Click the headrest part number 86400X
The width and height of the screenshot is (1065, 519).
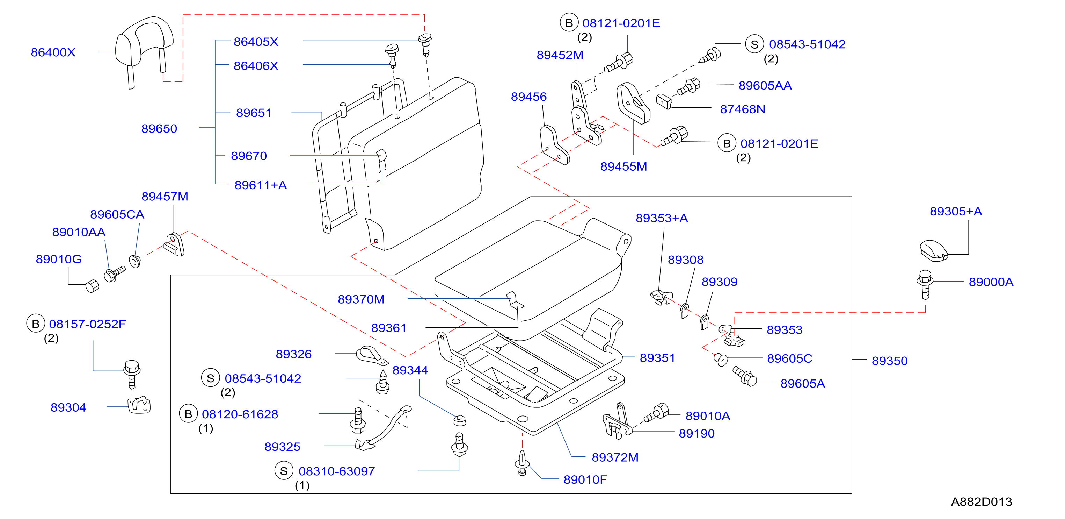pos(53,52)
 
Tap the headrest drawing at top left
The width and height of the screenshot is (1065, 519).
pos(144,52)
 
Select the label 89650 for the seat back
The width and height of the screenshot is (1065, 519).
pos(159,129)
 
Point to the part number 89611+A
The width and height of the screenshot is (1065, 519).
pos(261,185)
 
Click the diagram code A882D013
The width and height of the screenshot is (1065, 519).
pos(982,502)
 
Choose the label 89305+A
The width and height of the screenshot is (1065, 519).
pos(956,211)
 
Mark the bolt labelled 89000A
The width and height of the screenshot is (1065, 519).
pos(925,285)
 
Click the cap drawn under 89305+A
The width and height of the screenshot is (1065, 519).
pos(934,251)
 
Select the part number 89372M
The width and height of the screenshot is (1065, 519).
pos(615,457)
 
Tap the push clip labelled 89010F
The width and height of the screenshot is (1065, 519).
pos(522,463)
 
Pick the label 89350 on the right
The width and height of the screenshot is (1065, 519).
pos(890,361)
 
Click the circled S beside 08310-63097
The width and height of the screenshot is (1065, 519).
pos(284,471)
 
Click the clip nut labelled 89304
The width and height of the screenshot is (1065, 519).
pos(139,405)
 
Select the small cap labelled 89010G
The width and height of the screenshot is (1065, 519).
pos(92,286)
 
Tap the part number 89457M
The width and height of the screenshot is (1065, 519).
pos(165,196)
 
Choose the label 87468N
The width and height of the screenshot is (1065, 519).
pos(743,109)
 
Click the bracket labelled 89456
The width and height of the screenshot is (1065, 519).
pos(554,145)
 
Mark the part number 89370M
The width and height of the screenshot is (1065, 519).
pos(361,299)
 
